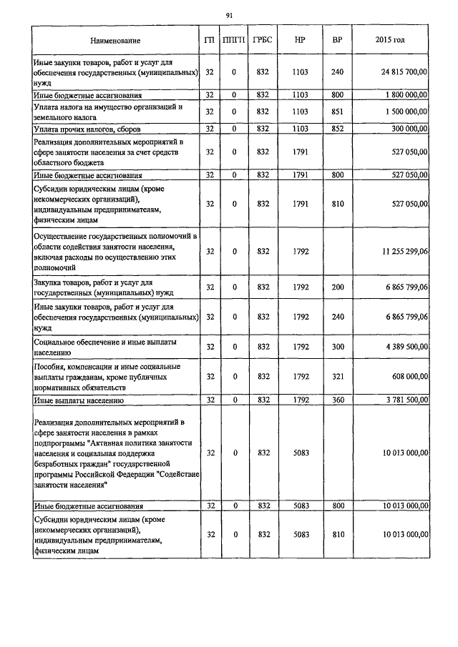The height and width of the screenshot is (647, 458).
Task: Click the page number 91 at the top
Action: [x=228, y=15]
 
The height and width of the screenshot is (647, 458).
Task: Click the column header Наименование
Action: [x=115, y=40]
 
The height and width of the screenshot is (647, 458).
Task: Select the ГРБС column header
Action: [x=262, y=40]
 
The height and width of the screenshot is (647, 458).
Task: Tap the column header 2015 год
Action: [x=390, y=40]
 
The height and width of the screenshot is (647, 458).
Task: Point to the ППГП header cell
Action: [x=233, y=40]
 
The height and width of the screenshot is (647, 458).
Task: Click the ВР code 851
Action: [x=337, y=112]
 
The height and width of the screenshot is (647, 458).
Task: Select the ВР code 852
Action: [x=337, y=129]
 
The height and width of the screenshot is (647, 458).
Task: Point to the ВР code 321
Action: [x=337, y=376]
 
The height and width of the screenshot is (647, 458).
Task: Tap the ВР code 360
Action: [x=337, y=399]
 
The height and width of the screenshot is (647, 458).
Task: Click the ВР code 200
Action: [x=337, y=287]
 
